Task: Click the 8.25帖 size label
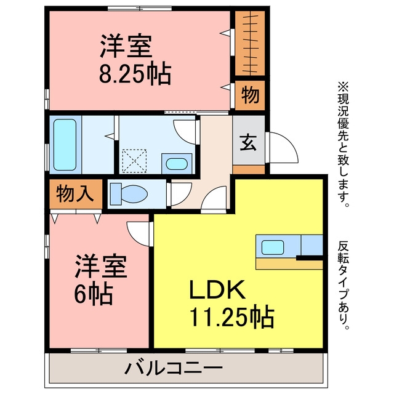click(x=135, y=74)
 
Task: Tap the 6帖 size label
click(x=93, y=294)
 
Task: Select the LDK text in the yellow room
click(x=217, y=290)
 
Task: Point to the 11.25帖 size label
click(x=231, y=316)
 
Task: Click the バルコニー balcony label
click(x=174, y=369)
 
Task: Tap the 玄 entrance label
click(x=248, y=143)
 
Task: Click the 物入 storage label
click(x=75, y=193)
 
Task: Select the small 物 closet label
click(x=250, y=95)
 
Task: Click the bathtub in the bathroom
click(x=65, y=145)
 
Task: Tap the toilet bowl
click(x=129, y=194)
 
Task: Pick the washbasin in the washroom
click(x=177, y=164)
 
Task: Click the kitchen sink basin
click(x=273, y=247)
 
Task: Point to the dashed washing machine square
click(x=134, y=161)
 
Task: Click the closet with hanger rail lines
click(x=250, y=43)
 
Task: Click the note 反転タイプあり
click(x=344, y=286)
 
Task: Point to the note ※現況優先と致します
click(x=344, y=145)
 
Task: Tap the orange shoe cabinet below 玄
click(x=249, y=170)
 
